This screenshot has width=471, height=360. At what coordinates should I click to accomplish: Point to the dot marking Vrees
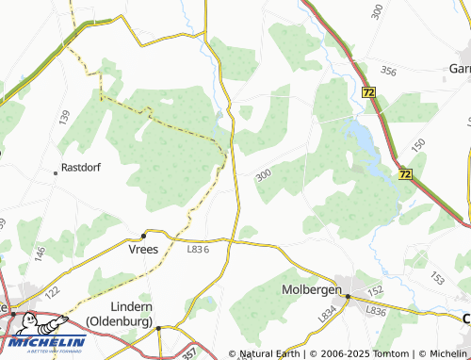pyautogui.click(x=143, y=235)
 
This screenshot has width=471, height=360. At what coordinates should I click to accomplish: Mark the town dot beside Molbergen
pyautogui.click(x=348, y=296)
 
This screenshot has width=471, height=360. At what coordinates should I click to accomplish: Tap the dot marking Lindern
pyautogui.click(x=159, y=328)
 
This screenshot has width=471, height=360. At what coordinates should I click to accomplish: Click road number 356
pyautogui.click(x=388, y=71)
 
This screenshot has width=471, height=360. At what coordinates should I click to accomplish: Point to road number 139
pyautogui.click(x=64, y=118)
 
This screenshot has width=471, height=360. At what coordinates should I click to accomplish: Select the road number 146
pyautogui.click(x=41, y=254)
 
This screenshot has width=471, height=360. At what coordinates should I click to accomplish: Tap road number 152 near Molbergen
pyautogui.click(x=375, y=291)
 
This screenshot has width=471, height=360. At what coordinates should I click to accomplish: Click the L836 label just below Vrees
pyautogui.click(x=197, y=249)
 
